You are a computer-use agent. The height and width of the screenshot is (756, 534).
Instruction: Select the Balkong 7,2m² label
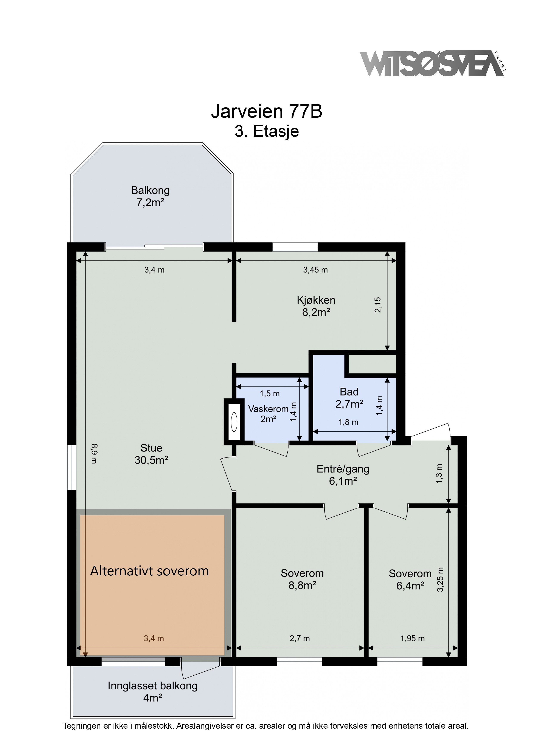click(x=150, y=196)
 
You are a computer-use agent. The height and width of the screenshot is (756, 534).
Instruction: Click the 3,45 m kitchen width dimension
click(x=315, y=270)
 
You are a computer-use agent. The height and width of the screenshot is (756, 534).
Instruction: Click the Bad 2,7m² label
click(x=349, y=398)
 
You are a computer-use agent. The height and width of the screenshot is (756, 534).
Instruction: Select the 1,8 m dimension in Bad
click(x=348, y=422)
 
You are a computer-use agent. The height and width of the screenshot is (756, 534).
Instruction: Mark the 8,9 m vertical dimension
click(x=94, y=453)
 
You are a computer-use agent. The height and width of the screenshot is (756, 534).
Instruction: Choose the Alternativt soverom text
click(x=150, y=571)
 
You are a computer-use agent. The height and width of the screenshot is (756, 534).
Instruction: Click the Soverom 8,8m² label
click(x=302, y=579)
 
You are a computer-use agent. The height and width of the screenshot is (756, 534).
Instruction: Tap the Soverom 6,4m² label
click(x=410, y=579)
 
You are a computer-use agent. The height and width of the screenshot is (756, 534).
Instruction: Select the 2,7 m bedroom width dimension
click(x=300, y=639)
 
